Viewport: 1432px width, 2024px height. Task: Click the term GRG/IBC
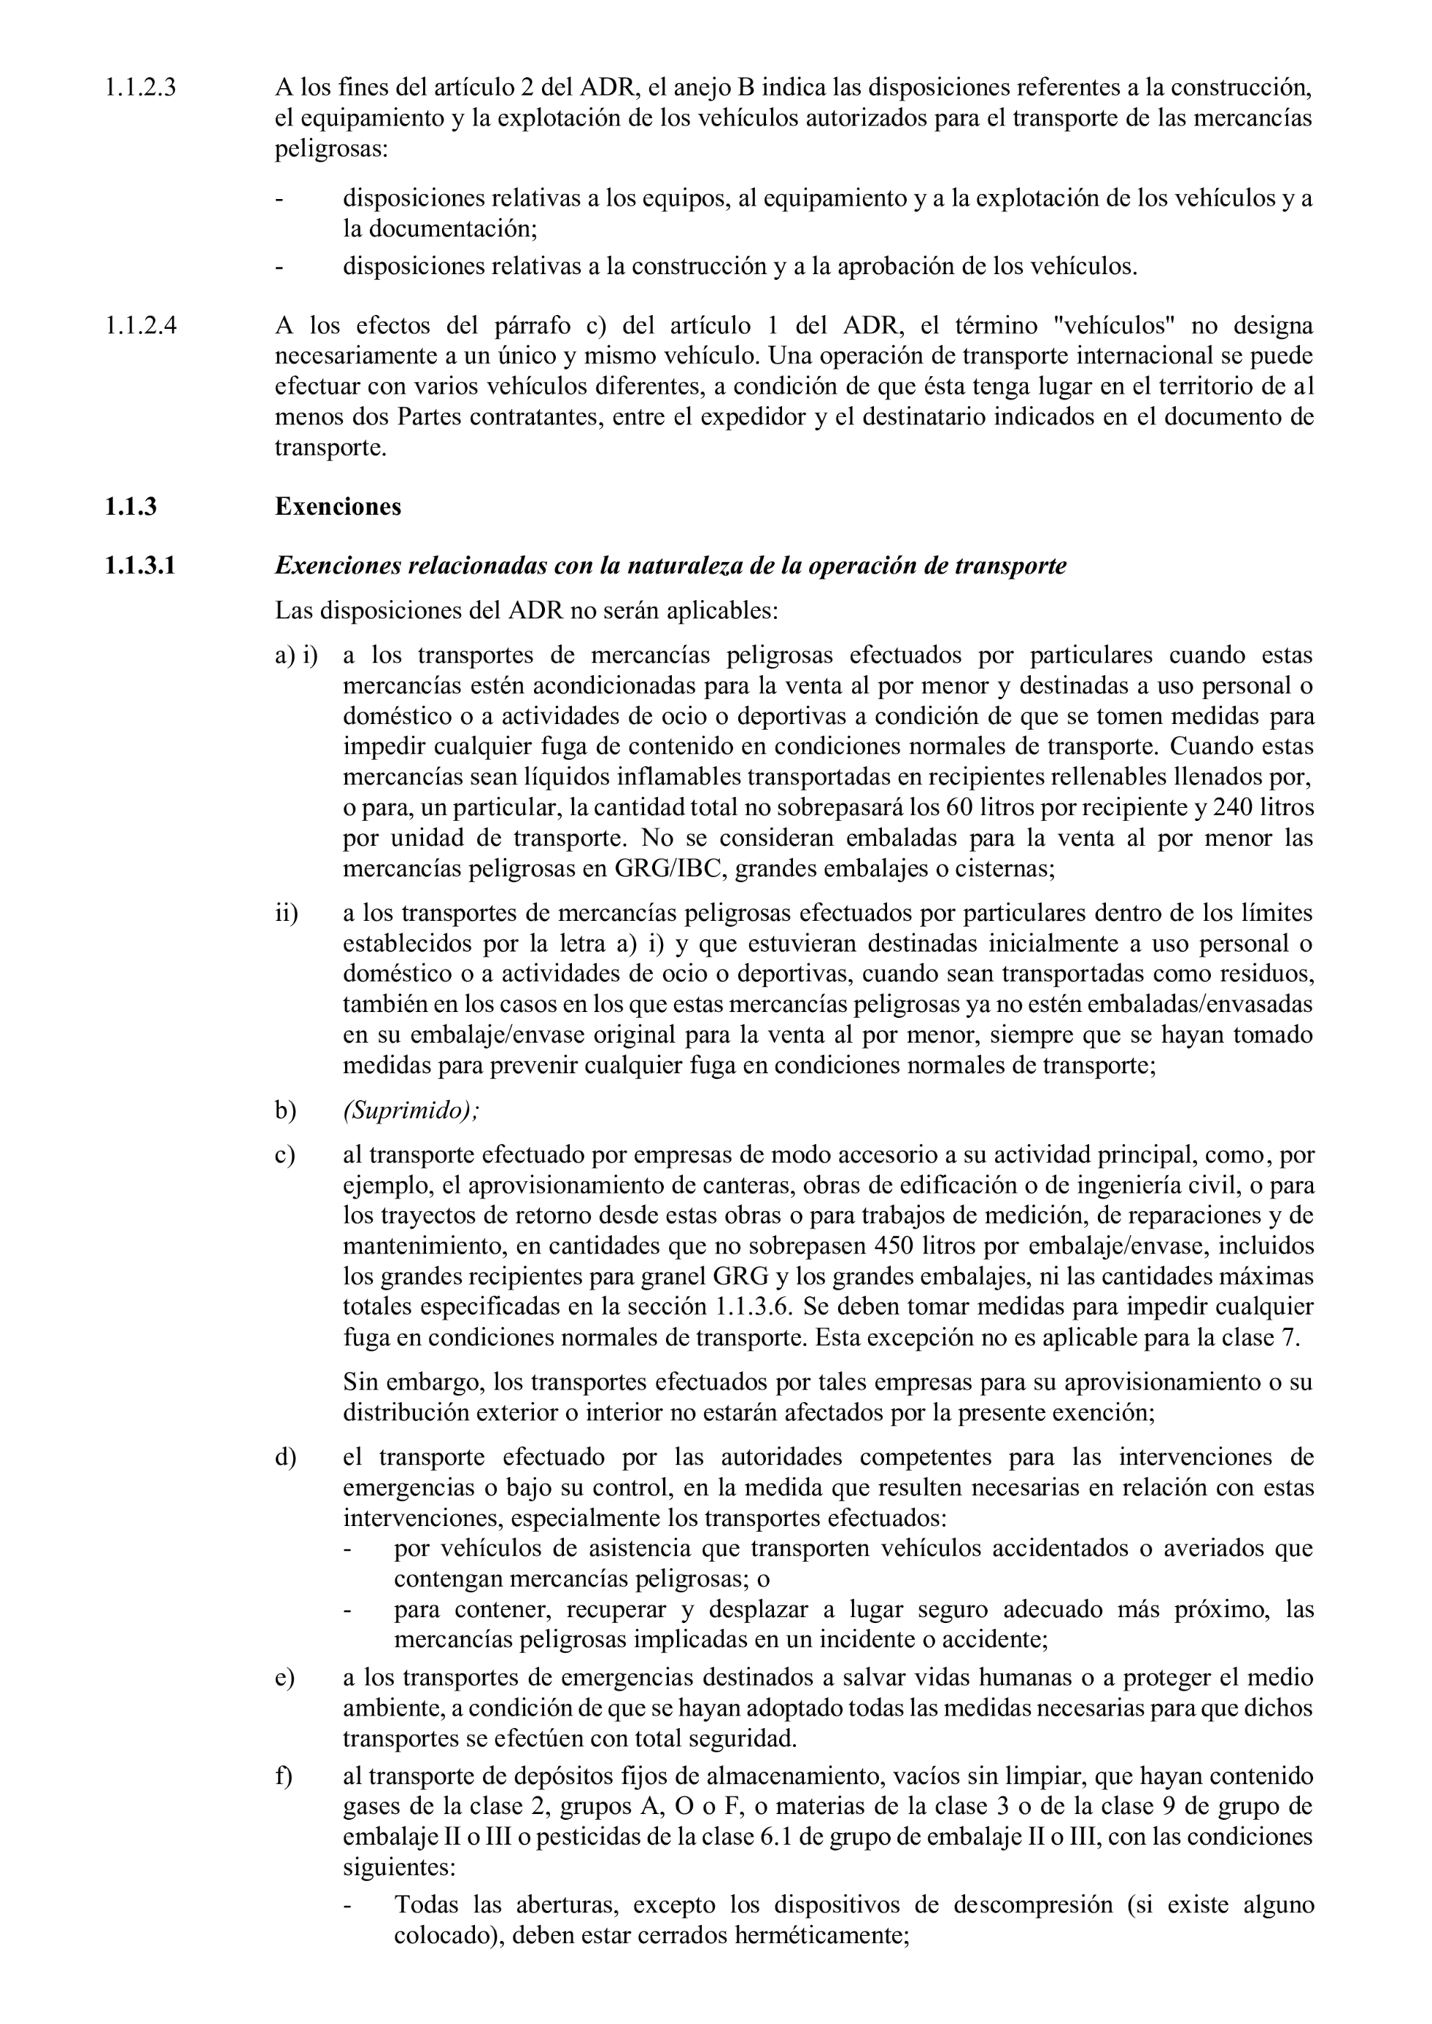pyautogui.click(x=671, y=868)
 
